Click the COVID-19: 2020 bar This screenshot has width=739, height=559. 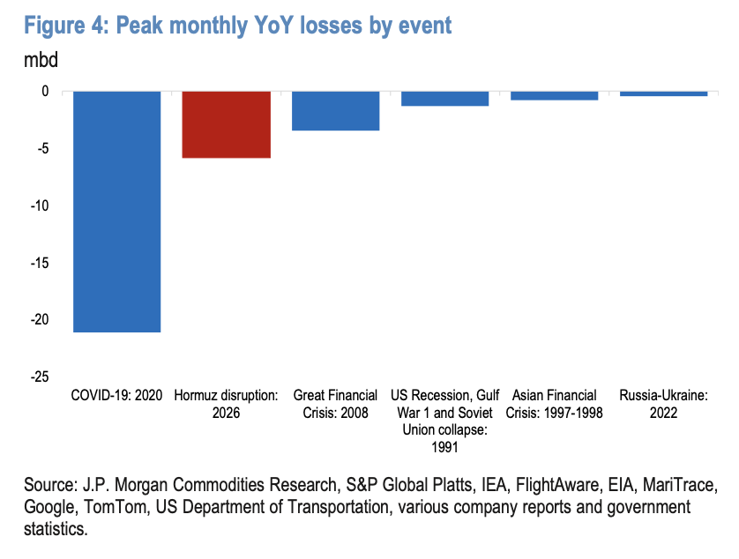(x=117, y=212)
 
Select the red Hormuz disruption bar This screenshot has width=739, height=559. (x=227, y=124)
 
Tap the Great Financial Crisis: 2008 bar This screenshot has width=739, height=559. (x=336, y=111)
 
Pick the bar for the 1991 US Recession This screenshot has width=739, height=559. (x=445, y=99)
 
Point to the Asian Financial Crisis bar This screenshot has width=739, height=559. (x=554, y=96)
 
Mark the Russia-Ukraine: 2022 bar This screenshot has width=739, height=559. (x=663, y=93)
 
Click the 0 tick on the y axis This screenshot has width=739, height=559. (x=45, y=91)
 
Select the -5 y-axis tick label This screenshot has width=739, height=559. (x=42, y=148)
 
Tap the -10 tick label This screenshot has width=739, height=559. (x=40, y=205)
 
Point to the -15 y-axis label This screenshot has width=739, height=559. (x=40, y=263)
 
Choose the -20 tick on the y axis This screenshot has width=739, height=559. (x=40, y=319)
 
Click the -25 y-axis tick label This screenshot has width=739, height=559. (x=40, y=376)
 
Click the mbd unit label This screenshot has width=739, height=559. (x=41, y=60)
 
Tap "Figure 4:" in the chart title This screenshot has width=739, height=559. (x=66, y=26)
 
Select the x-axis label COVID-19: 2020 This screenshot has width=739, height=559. (x=116, y=395)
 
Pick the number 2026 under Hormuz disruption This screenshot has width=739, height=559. (x=227, y=413)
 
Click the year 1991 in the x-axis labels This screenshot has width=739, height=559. (x=445, y=447)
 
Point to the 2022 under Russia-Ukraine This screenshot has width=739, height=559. (x=663, y=413)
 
